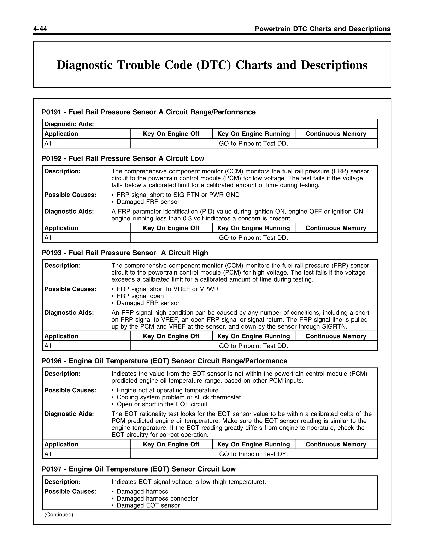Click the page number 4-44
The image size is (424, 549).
coord(40,29)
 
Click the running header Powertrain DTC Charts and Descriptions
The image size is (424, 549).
coord(323,29)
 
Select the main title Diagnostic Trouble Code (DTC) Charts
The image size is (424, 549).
coord(212,65)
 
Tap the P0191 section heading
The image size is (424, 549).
coord(148,112)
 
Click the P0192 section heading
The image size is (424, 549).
coord(123,159)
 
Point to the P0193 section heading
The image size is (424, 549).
coord(125,253)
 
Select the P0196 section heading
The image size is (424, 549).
coord(164,361)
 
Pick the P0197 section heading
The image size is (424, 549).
coord(139,469)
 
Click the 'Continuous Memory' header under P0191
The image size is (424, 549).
coord(336,134)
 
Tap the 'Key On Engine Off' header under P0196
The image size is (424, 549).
coord(171,444)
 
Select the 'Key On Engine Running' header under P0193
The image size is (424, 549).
coord(253,336)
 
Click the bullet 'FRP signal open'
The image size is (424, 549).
coord(140,296)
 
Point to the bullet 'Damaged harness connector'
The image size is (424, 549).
coord(157,498)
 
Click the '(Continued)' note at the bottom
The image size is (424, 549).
coord(59,515)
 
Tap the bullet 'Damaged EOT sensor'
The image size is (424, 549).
coord(148,505)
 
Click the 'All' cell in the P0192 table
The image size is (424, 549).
coord(48,238)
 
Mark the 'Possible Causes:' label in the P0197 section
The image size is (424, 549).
coord(70,491)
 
